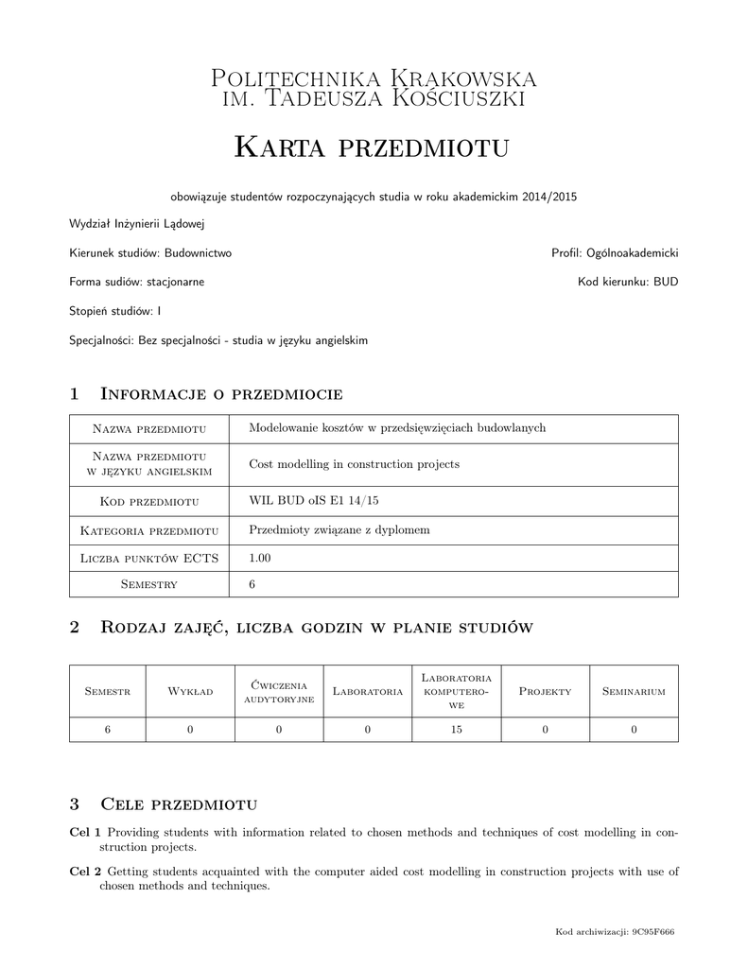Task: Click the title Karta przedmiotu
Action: (372, 147)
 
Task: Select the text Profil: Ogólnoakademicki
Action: (615, 253)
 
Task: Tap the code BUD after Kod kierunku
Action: (665, 282)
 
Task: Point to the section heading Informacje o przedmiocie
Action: (220, 393)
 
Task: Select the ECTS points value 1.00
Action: (259, 559)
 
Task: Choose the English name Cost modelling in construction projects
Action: (354, 464)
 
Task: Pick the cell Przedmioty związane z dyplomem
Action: (339, 529)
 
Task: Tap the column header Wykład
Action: (190, 691)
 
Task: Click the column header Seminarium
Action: (634, 691)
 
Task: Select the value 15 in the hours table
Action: (457, 729)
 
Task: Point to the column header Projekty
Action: (546, 691)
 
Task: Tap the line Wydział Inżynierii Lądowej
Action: (137, 224)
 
